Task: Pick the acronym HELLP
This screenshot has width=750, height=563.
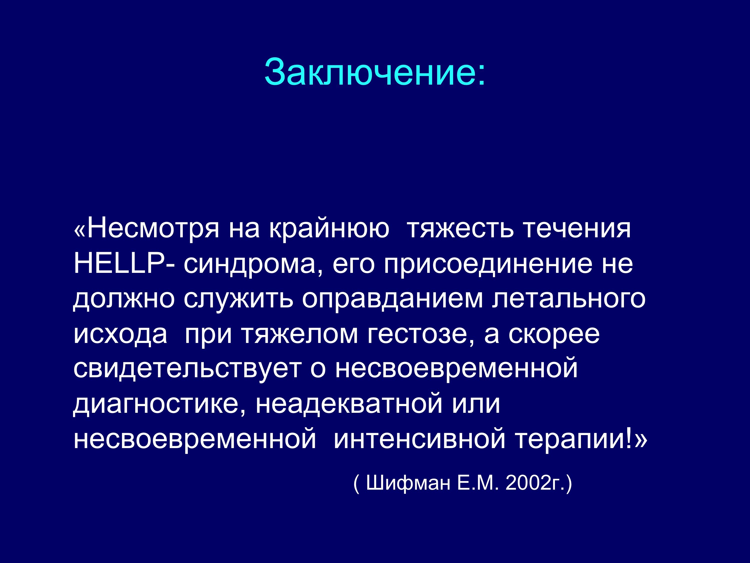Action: (x=119, y=263)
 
